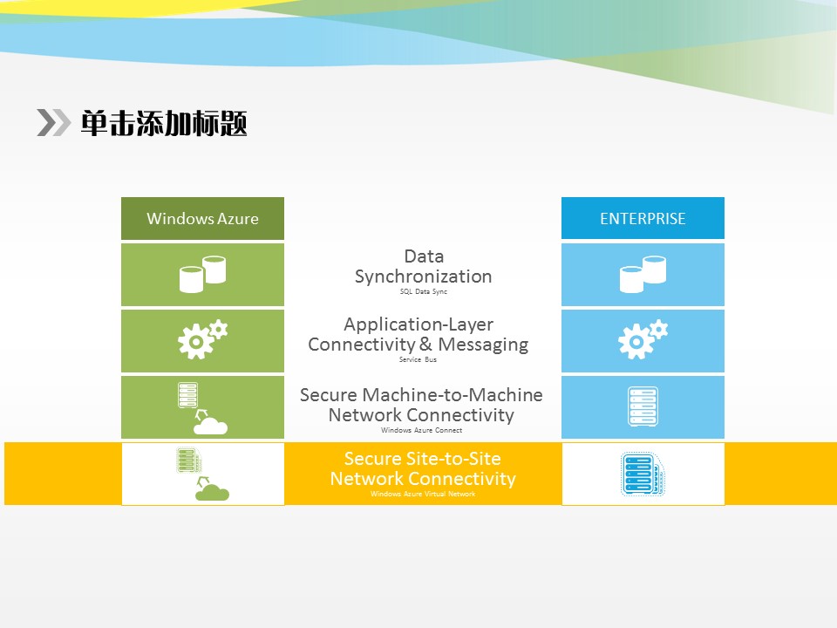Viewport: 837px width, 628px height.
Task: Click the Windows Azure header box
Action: coord(202,219)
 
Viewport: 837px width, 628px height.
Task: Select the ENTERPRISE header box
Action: coord(643,219)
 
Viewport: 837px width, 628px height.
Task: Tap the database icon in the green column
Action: coord(202,274)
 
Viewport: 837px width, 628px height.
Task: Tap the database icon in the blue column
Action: coord(643,274)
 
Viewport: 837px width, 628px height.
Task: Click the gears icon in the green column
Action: coord(202,340)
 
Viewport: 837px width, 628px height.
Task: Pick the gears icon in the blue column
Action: coord(643,340)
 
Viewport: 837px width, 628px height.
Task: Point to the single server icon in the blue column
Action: coord(643,407)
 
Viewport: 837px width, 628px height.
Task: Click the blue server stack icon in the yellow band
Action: coord(643,474)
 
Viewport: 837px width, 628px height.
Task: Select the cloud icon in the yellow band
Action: coord(212,493)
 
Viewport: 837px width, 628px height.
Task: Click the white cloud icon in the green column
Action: coord(210,426)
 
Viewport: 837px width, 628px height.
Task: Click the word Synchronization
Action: coord(423,276)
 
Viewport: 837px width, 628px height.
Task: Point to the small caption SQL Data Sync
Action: coord(423,292)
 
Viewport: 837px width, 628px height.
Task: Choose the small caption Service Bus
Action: coord(418,359)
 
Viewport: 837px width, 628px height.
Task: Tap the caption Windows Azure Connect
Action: coord(421,430)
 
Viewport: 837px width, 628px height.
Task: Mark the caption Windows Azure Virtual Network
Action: coord(423,495)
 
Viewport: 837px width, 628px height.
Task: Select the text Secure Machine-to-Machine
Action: coord(421,395)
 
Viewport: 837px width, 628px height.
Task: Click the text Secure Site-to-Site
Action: coord(423,459)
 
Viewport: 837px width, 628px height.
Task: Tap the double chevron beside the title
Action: coord(53,123)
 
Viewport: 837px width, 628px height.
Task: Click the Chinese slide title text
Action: coord(164,123)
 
